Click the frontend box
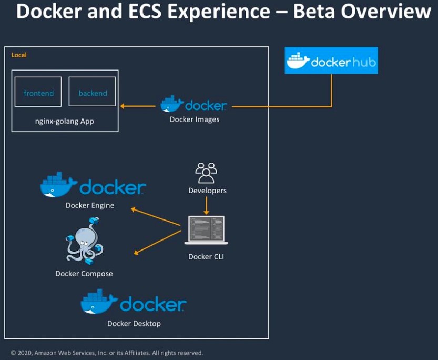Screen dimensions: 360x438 pyautogui.click(x=38, y=92)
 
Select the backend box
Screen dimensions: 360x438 pyautogui.click(x=93, y=92)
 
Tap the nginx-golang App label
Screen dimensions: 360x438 pyautogui.click(x=65, y=122)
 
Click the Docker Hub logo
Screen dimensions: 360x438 pyautogui.click(x=331, y=61)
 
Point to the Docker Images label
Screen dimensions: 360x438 pyautogui.click(x=195, y=119)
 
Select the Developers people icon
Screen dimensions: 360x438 pyautogui.click(x=206, y=173)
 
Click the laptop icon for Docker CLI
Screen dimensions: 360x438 pyautogui.click(x=206, y=231)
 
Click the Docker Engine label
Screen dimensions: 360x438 pyautogui.click(x=90, y=205)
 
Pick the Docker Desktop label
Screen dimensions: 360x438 pyautogui.click(x=134, y=323)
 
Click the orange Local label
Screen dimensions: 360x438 pyautogui.click(x=19, y=55)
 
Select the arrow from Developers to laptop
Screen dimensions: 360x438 pyautogui.click(x=206, y=205)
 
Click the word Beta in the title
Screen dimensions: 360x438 pyautogui.click(x=314, y=12)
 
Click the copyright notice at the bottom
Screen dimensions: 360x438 pyautogui.click(x=107, y=353)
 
